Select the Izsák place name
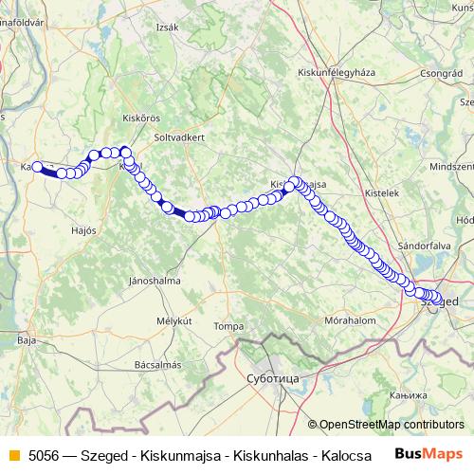click(x=168, y=27)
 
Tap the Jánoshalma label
click(x=155, y=280)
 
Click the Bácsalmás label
click(x=158, y=364)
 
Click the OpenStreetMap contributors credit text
click(x=391, y=425)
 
